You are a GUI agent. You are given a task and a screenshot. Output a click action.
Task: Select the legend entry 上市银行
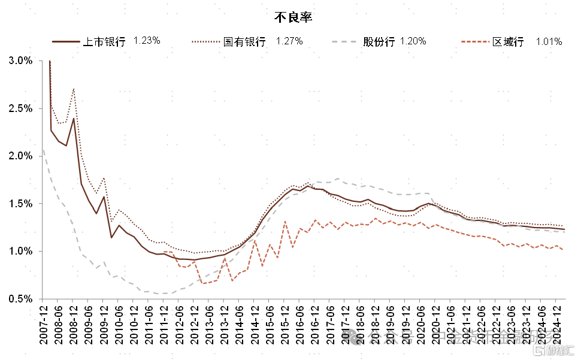103,41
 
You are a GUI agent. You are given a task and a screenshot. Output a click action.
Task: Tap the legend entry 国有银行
244,41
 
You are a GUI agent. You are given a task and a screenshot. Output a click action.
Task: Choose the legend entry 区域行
508,41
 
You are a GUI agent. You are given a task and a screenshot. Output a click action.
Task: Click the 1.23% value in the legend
147,41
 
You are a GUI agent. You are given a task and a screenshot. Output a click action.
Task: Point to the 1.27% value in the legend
289,41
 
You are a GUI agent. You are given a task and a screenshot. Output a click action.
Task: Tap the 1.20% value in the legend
413,41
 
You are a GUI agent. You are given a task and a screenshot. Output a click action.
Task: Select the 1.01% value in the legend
549,41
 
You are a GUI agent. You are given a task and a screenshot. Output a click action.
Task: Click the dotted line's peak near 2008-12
73,89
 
